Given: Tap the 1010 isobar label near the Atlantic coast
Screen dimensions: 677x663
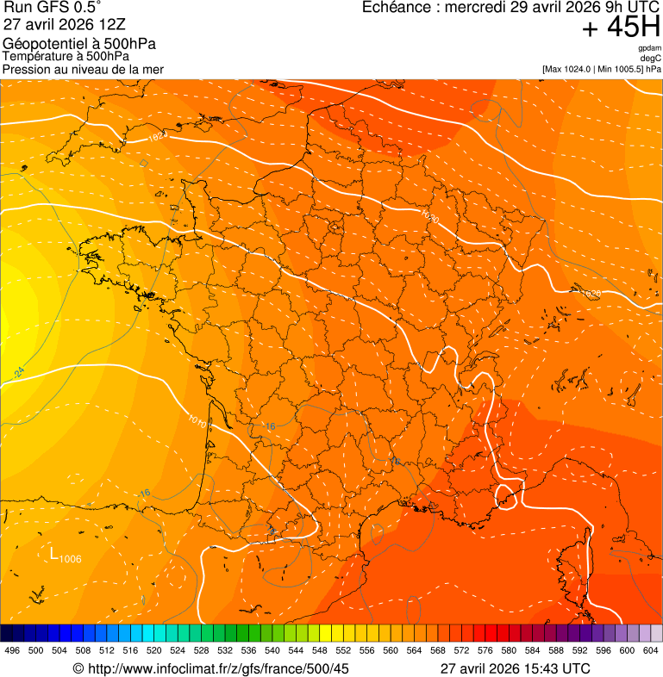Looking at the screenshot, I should click(x=197, y=421).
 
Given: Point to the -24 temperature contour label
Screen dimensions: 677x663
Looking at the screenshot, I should click(x=18, y=372).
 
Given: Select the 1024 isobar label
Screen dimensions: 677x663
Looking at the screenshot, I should click(x=156, y=136).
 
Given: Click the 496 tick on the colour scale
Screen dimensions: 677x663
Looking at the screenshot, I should click(x=12, y=650).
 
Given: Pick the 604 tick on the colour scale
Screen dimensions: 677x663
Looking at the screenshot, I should click(x=650, y=650).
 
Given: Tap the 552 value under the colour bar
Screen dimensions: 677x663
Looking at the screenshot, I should click(x=343, y=650).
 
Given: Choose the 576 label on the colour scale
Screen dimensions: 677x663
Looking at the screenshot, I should click(x=485, y=650).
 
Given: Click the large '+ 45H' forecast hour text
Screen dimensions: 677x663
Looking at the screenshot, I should click(x=621, y=28).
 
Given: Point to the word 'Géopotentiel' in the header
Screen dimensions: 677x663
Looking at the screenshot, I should click(x=43, y=44).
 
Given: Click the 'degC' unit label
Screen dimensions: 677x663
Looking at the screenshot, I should click(x=651, y=59).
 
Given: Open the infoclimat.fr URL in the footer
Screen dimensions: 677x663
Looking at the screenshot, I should click(x=218, y=668).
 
